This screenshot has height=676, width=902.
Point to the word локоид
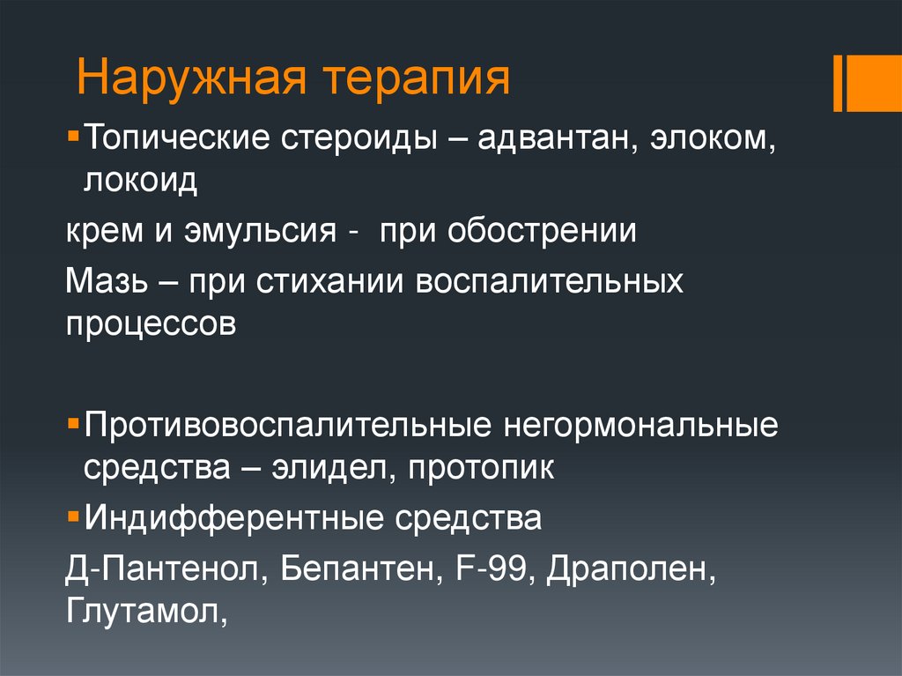pos(141,182)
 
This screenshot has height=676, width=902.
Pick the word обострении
pos(542,232)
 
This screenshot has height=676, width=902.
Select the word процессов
pos(152,324)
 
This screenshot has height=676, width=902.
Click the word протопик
pos(481,467)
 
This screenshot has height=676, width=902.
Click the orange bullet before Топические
pos(73,138)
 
